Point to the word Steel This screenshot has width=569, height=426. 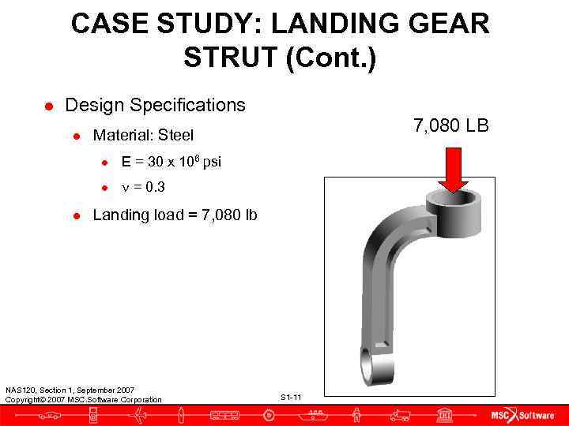[176, 136]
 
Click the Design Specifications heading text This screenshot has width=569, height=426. [155, 105]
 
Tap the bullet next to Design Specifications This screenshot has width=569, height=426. [49, 106]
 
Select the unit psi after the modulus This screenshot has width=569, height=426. [212, 163]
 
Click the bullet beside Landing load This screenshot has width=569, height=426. [77, 215]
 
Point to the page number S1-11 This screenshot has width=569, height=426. [291, 396]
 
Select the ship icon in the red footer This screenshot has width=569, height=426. [315, 415]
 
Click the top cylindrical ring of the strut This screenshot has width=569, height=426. [453, 211]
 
